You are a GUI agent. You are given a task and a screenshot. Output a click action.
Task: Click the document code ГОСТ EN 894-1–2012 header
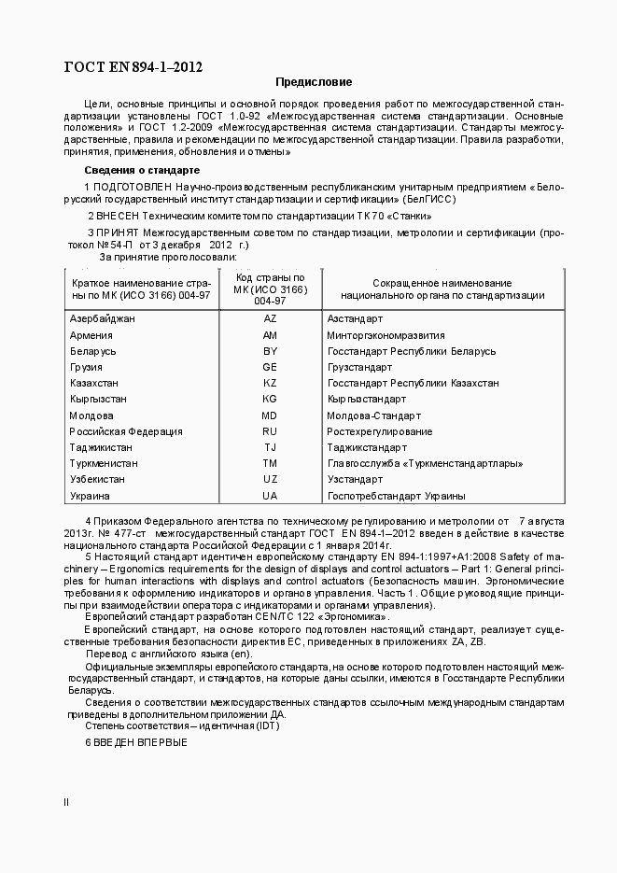point(133,66)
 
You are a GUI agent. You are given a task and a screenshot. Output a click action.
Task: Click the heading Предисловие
point(314,82)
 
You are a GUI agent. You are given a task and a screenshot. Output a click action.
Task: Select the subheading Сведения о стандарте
point(142,170)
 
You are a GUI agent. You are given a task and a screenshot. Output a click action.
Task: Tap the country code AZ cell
point(270,318)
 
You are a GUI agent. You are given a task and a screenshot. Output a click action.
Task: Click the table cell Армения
point(91,335)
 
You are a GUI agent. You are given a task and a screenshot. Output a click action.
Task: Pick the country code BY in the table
point(270,351)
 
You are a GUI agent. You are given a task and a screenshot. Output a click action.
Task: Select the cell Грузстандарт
point(359,367)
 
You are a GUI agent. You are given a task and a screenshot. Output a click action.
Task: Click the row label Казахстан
point(94,383)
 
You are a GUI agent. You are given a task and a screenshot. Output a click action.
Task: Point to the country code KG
point(270,400)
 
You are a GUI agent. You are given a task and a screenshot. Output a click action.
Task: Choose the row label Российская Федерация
point(126,431)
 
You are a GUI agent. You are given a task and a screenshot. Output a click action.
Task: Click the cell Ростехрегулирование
point(379,431)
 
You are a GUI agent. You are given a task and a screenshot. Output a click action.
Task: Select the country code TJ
point(270,447)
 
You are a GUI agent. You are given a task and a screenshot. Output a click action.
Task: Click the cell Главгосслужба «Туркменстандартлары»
point(424,463)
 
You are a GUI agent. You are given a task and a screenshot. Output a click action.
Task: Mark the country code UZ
point(270,479)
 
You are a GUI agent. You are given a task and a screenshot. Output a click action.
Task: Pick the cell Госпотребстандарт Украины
point(396,496)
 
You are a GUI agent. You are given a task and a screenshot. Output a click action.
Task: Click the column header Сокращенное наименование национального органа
point(442,289)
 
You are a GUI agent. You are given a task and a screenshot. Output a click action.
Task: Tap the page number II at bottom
point(65,802)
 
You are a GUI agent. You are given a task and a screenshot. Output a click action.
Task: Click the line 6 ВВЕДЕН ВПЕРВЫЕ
point(136,742)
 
